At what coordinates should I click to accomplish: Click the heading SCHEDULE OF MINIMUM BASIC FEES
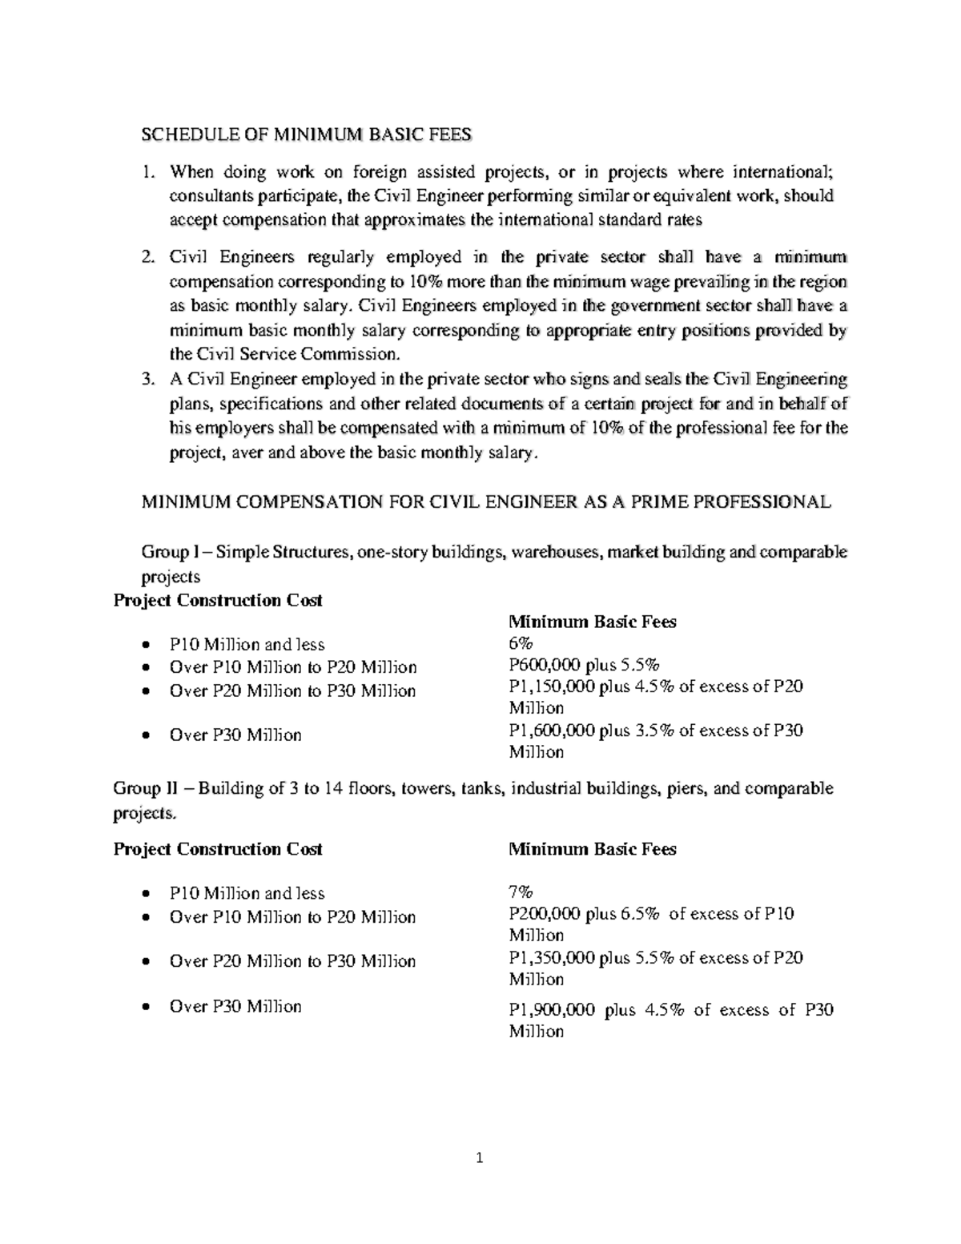coord(307,135)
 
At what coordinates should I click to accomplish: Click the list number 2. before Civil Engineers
coord(147,257)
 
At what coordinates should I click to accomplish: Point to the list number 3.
coord(147,379)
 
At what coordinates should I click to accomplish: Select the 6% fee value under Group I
coord(521,644)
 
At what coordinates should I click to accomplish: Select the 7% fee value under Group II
coord(521,892)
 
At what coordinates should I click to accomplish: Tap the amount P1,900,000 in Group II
coord(552,1010)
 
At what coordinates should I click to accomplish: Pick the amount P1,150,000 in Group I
coord(551,686)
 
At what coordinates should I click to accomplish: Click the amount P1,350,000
coord(551,958)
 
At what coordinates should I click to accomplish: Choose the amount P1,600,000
coord(551,731)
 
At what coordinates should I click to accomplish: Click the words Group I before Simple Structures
coord(165,552)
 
